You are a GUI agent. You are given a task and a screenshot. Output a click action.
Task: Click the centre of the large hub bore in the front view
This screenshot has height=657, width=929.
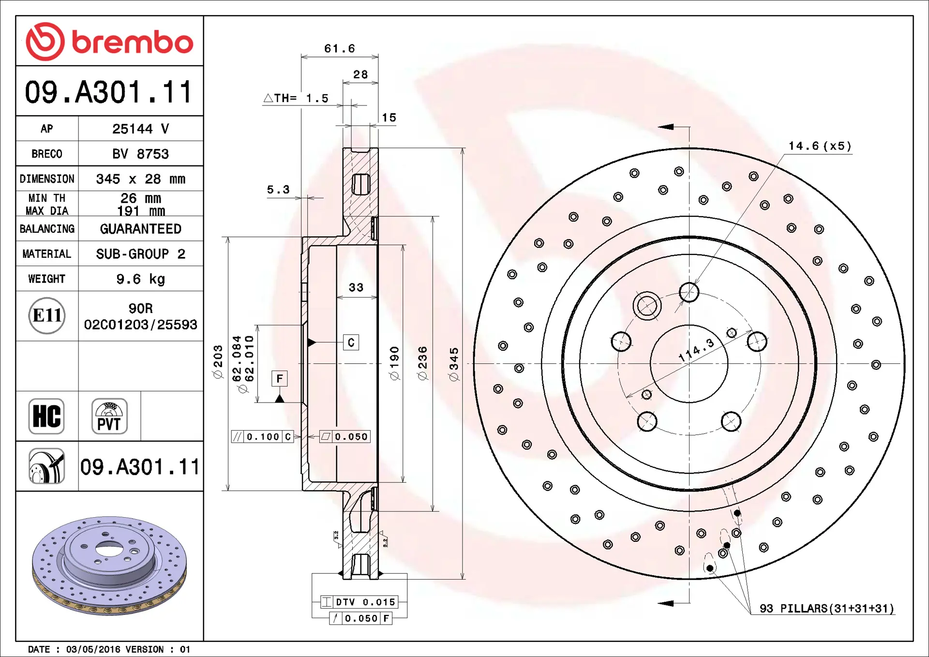(689, 364)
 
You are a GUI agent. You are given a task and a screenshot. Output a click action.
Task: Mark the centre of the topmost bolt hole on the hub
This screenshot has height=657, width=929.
(689, 292)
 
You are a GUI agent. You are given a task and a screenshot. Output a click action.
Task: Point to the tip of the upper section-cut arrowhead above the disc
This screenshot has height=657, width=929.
(658, 127)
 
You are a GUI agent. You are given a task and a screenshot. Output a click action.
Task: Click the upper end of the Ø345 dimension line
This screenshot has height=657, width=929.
(463, 149)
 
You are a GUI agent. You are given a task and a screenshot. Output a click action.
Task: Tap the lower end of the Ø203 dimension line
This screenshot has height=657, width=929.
(228, 490)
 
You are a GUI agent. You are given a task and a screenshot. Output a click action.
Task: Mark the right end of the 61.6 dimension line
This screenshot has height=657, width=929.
(378, 57)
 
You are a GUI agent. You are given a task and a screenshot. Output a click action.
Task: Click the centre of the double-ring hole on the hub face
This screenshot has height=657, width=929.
(647, 306)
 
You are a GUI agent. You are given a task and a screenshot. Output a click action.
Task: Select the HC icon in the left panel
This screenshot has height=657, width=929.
(46, 416)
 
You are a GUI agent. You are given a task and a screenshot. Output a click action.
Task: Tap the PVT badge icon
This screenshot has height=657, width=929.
(109, 416)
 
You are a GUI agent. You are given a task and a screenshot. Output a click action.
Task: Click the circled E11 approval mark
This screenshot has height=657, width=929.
(47, 315)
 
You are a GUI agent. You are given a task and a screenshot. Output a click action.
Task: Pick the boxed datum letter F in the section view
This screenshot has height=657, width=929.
(280, 378)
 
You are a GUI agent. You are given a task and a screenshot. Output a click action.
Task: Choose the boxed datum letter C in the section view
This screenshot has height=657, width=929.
(351, 343)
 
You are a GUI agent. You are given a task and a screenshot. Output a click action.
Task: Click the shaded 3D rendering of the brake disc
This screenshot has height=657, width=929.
(109, 566)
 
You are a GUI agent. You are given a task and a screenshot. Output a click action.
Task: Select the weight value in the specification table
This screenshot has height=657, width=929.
(141, 279)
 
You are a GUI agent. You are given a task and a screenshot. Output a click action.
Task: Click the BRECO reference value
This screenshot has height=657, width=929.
(141, 154)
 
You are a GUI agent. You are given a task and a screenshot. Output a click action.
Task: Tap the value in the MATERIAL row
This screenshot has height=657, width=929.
(141, 254)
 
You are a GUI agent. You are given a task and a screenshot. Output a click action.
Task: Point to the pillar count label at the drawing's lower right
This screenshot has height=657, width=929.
(827, 608)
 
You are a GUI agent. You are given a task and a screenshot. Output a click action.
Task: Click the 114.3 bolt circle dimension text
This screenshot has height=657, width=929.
(696, 350)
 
